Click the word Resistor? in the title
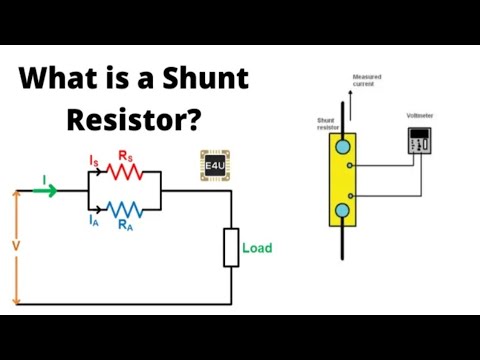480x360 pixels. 135,119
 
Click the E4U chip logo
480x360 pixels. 215,167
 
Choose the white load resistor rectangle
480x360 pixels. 231,247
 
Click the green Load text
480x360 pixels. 257,248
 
